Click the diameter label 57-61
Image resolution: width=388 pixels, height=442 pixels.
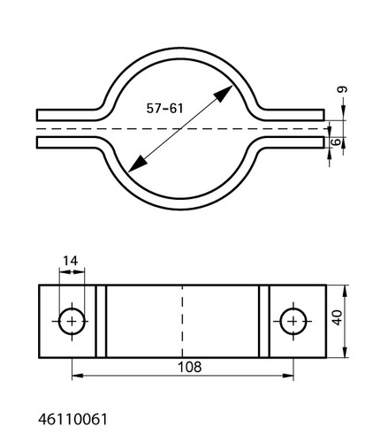pyautogui.click(x=164, y=108)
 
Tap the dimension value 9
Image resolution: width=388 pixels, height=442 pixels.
pyautogui.click(x=342, y=89)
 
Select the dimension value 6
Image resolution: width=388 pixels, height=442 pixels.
pyautogui.click(x=336, y=142)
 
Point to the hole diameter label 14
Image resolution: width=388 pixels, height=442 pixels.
pyautogui.click(x=70, y=261)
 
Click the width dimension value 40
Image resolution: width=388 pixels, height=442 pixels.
pyautogui.click(x=337, y=317)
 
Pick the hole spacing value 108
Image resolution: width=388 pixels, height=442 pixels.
pyautogui.click(x=189, y=367)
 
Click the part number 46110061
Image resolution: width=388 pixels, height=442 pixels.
pyautogui.click(x=72, y=419)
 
